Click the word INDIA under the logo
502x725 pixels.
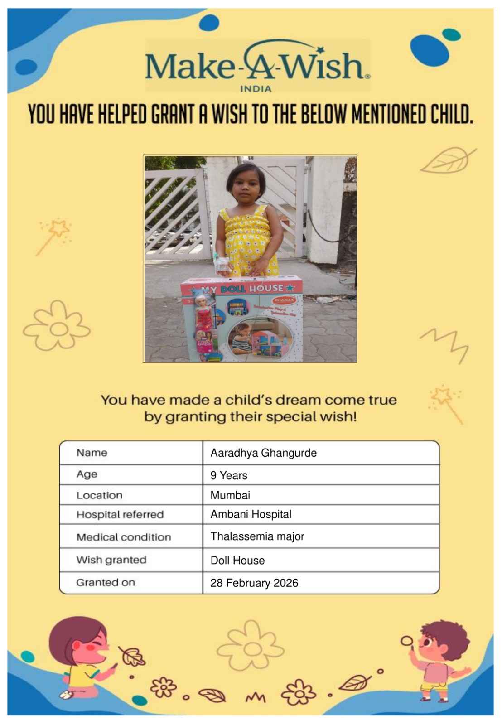[256, 89]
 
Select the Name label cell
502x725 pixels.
[92, 453]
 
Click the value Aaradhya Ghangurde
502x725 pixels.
[263, 453]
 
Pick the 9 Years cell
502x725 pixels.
[229, 475]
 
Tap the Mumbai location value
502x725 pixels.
[230, 495]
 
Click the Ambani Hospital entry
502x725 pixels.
[251, 514]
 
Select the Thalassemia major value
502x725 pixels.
[257, 536]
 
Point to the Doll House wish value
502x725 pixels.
[237, 561]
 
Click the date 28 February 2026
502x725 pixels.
[254, 583]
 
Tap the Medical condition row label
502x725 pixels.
[124, 537]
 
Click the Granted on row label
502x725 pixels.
[106, 583]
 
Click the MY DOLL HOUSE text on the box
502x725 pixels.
[240, 289]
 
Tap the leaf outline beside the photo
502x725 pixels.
[447, 161]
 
